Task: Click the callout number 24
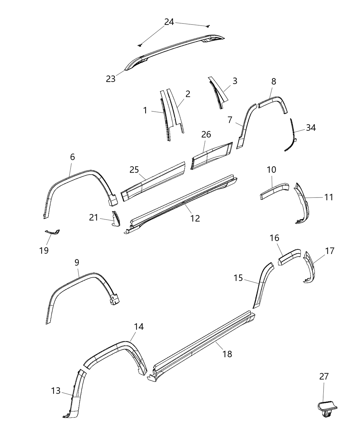(x=169, y=22)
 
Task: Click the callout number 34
(x=311, y=128)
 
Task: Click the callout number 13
(x=56, y=391)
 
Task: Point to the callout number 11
(x=329, y=197)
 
